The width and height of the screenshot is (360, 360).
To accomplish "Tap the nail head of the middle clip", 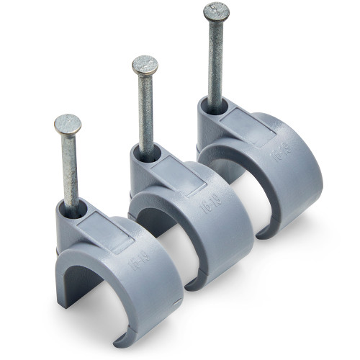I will [x=145, y=66].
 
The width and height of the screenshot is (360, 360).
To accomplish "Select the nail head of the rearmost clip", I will [x=216, y=12].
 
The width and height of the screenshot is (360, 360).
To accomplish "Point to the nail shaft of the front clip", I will [x=70, y=169].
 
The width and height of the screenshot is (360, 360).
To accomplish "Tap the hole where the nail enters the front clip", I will [x=73, y=210].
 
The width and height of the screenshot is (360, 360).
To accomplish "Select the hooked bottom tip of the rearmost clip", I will [x=265, y=232].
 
